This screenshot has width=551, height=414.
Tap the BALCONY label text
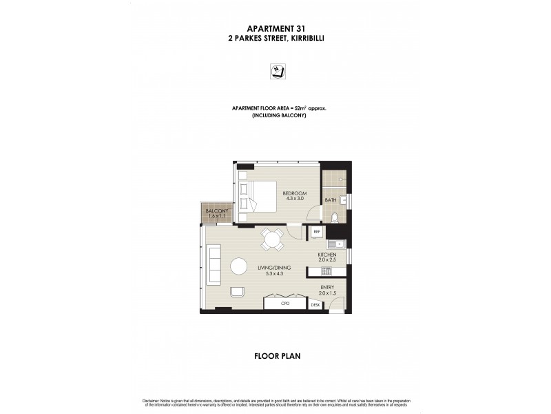coord(216,213)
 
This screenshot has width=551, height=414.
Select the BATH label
coord(331,201)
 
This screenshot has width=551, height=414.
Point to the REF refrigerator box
coord(316,233)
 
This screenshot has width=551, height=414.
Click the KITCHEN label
coord(326,255)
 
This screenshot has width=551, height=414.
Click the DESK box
coord(316,304)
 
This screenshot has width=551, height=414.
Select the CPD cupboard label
coord(285,304)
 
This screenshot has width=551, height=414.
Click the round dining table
coord(271,241)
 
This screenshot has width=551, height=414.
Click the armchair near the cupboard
coord(238,290)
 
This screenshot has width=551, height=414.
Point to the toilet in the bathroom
coord(334,219)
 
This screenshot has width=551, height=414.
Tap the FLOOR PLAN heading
coord(275,357)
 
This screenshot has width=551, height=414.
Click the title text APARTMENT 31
coord(275,29)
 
